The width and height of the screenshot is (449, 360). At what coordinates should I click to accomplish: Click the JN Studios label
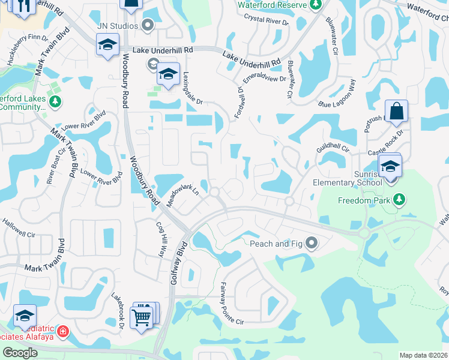[x=118, y=26]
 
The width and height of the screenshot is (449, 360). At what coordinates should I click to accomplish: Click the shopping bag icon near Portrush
[x=396, y=112]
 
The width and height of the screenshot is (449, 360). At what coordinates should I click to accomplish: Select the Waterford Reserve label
[x=273, y=5]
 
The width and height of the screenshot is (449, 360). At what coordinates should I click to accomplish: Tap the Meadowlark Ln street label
[x=182, y=196]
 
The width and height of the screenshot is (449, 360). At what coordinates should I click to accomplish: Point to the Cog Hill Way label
[x=161, y=240]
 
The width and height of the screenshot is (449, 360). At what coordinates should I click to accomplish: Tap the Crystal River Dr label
[x=266, y=20]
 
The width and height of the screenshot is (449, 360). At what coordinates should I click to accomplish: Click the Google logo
[x=20, y=352]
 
